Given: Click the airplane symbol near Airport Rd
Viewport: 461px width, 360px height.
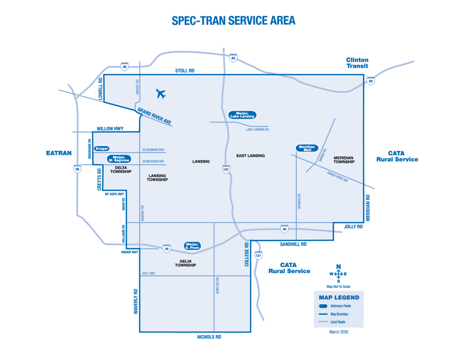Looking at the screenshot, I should pos(161,94).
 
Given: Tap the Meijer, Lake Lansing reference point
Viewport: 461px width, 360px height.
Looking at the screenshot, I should pos(243,115).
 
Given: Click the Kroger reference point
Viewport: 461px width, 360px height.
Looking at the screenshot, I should pos(102,149).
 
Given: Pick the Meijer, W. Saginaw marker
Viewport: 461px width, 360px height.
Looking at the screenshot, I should pos(119,159).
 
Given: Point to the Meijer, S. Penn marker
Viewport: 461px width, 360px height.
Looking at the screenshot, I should pos(193,246).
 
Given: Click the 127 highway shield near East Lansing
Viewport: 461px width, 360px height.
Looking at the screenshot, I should pos(225,169).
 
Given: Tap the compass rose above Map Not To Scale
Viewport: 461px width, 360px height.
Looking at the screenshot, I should pos(338,274).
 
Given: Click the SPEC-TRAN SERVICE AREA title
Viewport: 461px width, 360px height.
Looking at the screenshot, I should pos(233,21).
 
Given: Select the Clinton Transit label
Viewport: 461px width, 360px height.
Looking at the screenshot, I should pos(357,63).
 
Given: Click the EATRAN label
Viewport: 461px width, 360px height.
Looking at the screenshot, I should pos(59,153).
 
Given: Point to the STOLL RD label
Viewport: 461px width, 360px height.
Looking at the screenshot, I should pos(184,71).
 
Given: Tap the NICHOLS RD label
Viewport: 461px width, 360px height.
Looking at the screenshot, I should pos(209,337).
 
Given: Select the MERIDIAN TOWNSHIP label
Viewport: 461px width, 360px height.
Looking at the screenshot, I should pos(344,160).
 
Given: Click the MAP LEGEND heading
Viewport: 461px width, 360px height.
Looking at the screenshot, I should pos(339,298).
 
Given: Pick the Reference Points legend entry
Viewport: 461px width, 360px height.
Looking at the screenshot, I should pos(340,306).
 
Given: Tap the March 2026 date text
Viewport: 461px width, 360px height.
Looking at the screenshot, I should pos(339,332).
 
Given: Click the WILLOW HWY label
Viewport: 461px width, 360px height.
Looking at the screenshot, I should pos(110,129).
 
